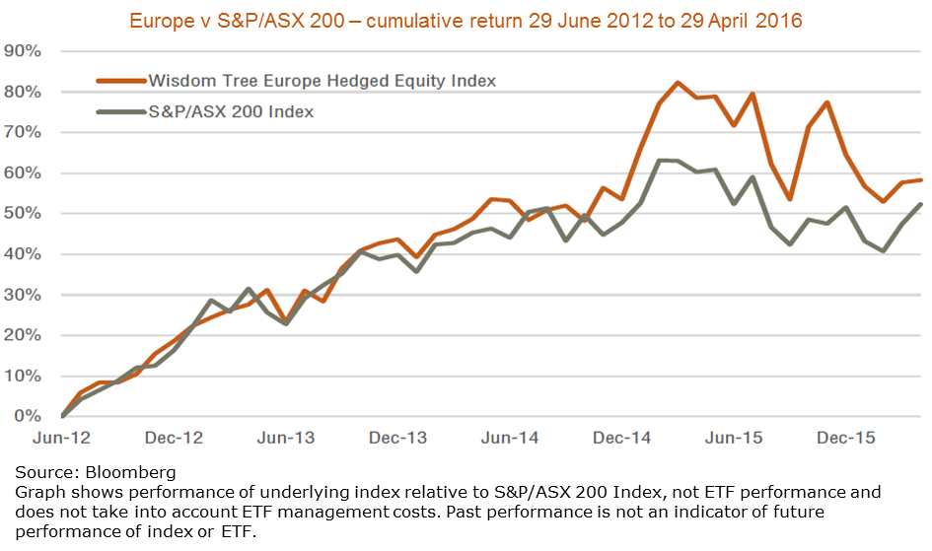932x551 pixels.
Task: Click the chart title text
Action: point(466,19)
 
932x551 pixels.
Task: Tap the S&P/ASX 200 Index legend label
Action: point(231,111)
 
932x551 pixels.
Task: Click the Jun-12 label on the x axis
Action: point(62,438)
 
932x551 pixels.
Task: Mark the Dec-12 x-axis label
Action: point(175,438)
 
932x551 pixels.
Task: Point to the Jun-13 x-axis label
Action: point(287,438)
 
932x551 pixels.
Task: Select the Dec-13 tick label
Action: point(399,438)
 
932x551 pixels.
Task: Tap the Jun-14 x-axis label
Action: point(512,438)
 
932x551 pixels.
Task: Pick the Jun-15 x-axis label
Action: point(737,438)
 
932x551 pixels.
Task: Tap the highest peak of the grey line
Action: point(660,160)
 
